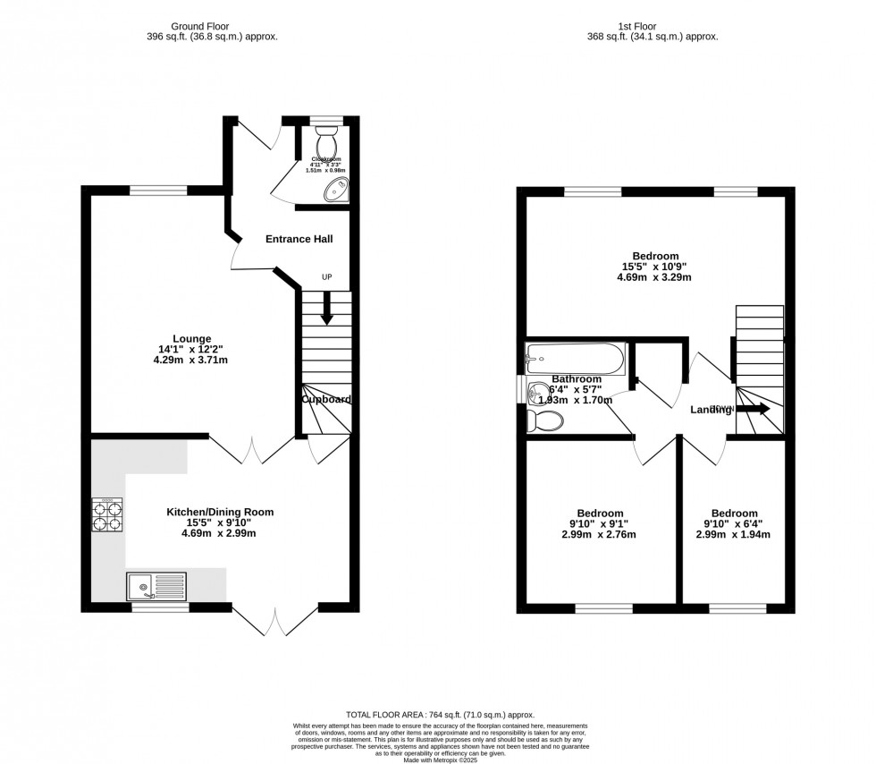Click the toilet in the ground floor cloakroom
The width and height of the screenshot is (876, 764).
(x=326, y=140)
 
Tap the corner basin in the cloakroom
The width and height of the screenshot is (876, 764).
(x=339, y=189)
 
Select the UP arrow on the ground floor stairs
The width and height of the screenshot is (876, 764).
(x=326, y=310)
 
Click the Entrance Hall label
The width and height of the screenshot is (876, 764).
(x=299, y=239)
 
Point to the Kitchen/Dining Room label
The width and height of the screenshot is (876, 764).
(x=220, y=512)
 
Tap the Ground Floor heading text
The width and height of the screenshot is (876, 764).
(x=212, y=25)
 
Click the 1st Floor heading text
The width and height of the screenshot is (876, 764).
(x=653, y=25)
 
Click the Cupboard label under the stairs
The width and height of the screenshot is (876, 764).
(x=326, y=399)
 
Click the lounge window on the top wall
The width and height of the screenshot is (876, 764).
(x=158, y=189)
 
